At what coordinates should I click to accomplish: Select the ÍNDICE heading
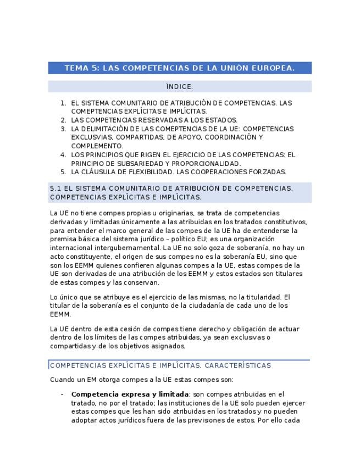(179, 87)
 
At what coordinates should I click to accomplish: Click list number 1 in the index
(63, 103)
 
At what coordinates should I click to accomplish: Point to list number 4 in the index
(63, 155)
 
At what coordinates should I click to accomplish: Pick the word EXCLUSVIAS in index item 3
(91, 137)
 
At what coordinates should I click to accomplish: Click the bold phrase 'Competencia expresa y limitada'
(130, 394)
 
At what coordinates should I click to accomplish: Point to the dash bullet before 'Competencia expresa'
(62, 394)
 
